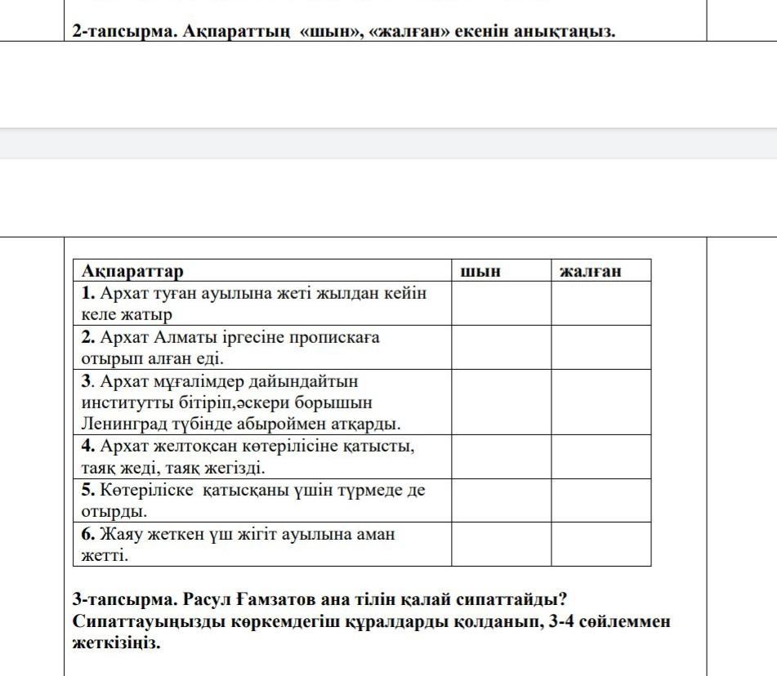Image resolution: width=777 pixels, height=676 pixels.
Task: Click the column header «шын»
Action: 481,271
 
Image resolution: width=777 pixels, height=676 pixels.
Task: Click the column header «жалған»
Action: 591,271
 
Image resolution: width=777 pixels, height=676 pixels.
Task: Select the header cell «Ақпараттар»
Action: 132,271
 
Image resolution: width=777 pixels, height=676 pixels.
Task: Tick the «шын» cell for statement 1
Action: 501,303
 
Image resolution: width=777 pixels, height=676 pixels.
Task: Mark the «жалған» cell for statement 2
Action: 601,347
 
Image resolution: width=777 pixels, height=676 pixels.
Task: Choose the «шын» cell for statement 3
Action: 501,402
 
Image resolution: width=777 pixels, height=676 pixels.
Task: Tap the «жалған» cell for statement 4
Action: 601,456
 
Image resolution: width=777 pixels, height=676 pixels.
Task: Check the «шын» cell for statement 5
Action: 501,500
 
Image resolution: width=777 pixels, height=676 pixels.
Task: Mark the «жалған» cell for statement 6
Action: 601,545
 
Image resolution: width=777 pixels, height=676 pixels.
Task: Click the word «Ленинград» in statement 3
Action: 120,424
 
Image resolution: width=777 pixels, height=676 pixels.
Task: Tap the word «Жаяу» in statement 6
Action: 123,535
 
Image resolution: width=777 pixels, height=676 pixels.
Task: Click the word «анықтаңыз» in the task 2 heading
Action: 565,32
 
